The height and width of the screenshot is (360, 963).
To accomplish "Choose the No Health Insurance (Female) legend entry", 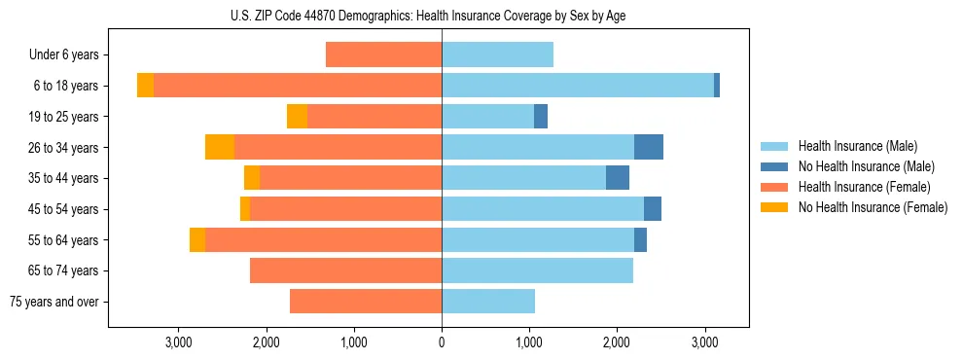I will tap(873, 207).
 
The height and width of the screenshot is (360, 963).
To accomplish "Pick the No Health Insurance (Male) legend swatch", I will tap(775, 166).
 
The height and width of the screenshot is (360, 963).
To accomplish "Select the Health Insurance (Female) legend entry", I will tap(864, 187).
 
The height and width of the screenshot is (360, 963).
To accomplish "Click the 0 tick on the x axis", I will tap(442, 342).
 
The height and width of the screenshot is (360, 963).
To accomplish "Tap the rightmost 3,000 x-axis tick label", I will tap(705, 342).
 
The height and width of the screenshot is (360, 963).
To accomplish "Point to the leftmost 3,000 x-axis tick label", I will tap(178, 342).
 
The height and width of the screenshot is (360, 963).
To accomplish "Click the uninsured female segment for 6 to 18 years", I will tap(145, 86).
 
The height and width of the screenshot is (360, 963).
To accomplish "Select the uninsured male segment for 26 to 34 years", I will tap(649, 147).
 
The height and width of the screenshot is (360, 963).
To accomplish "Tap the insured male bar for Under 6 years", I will tap(497, 54).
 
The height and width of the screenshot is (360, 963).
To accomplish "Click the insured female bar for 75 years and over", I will tap(366, 302).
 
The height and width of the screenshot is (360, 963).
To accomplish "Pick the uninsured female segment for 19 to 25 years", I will tap(297, 117).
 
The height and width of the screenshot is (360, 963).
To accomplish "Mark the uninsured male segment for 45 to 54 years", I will tap(653, 209).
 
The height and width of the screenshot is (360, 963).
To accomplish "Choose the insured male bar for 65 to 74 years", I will tap(537, 270).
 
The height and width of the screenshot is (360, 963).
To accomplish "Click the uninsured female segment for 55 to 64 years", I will tap(197, 240).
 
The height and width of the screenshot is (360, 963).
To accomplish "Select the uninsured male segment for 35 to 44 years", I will tap(618, 178).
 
